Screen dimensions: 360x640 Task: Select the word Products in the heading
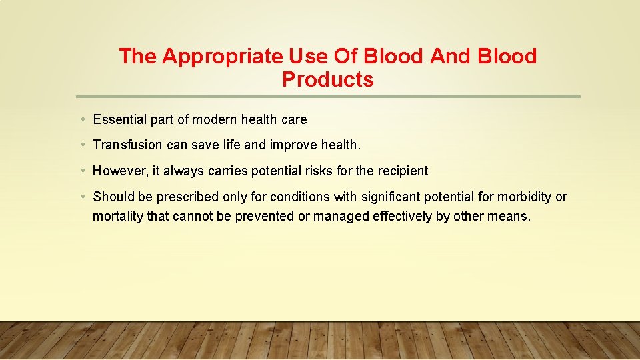click(327, 79)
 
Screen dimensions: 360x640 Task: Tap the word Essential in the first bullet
click(119, 120)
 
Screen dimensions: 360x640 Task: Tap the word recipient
click(403, 171)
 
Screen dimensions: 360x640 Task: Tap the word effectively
click(399, 217)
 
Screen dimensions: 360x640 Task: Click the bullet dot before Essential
click(81, 120)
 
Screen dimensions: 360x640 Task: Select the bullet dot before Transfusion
click(81, 145)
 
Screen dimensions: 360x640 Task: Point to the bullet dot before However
click(81, 171)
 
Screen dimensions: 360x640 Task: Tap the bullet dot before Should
click(81, 197)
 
